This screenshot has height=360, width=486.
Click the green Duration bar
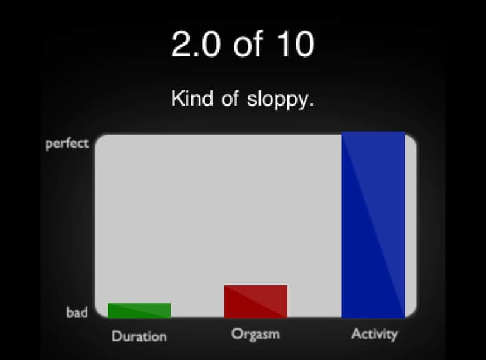[x=139, y=310]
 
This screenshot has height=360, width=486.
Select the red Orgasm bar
[x=256, y=302]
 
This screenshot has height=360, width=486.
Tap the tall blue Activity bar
[x=373, y=225]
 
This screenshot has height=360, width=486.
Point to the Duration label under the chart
[x=139, y=336]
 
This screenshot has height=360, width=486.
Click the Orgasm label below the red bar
[x=256, y=335]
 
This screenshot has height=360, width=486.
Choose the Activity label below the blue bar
[x=374, y=335]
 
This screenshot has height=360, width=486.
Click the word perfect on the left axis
[x=67, y=144]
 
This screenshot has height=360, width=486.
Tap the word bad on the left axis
[x=77, y=312]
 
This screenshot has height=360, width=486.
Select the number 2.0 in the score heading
[x=196, y=44]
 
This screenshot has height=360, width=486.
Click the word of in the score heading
[x=248, y=44]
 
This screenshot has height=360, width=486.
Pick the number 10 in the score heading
[x=296, y=44]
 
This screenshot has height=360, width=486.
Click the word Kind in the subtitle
[x=192, y=98]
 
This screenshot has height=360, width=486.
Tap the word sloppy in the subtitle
[x=278, y=99]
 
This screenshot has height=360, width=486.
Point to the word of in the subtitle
[x=230, y=98]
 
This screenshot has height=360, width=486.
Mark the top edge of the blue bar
[x=373, y=132]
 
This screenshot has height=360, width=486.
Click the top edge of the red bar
[x=256, y=286]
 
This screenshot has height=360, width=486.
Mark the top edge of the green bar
[x=139, y=304]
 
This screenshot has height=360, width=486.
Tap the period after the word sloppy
[x=312, y=105]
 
